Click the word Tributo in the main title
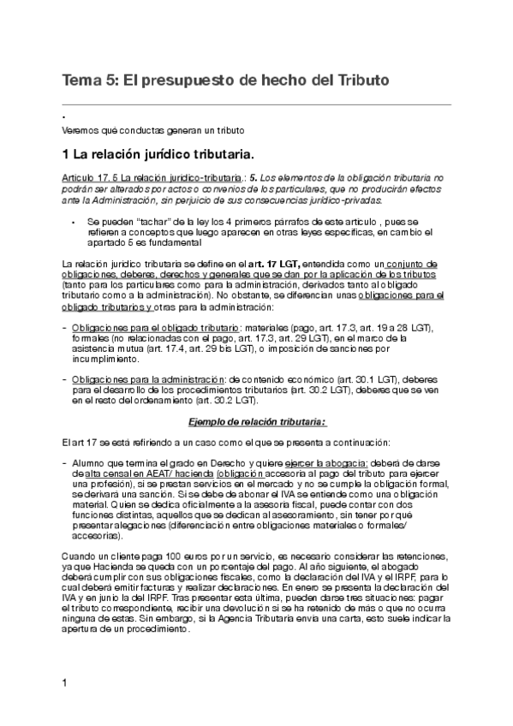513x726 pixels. tap(360, 80)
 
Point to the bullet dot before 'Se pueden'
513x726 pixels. tap(75, 220)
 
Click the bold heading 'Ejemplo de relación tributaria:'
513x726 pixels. tap(256, 421)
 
